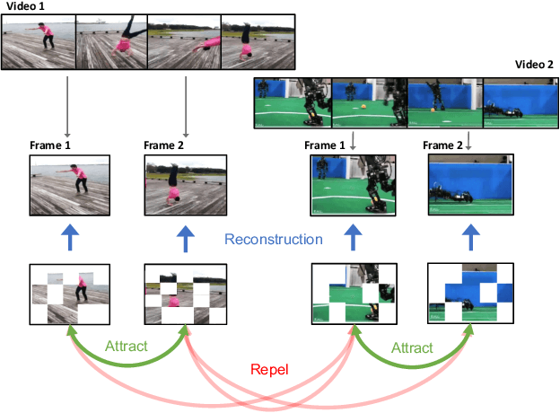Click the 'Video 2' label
(535, 65)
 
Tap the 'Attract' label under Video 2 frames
(412, 347)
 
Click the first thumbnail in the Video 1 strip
(39, 41)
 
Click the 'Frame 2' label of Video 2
(446, 145)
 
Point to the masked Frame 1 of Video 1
(70, 292)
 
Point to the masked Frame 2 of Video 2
(469, 293)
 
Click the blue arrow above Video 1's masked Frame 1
(70, 240)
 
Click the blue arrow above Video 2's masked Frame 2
(469, 240)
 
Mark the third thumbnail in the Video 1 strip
(184, 41)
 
